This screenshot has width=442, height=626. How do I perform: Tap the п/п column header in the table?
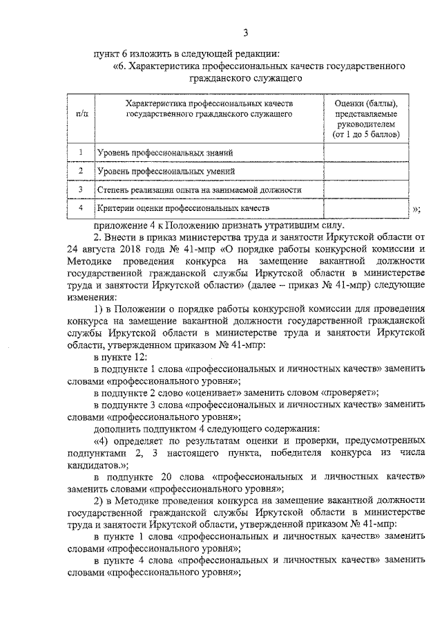click(x=81, y=111)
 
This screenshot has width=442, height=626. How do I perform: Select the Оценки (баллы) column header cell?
click(x=366, y=118)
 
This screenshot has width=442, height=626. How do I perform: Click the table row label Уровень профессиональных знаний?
click(x=165, y=152)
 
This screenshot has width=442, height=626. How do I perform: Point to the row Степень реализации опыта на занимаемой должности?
click(x=199, y=189)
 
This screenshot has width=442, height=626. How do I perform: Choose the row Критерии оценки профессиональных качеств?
click(x=179, y=207)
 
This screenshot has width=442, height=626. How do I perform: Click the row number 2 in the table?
click(x=81, y=170)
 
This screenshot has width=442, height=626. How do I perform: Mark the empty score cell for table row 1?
click(x=366, y=152)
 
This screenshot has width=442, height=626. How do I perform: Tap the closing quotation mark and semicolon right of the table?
click(x=416, y=209)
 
